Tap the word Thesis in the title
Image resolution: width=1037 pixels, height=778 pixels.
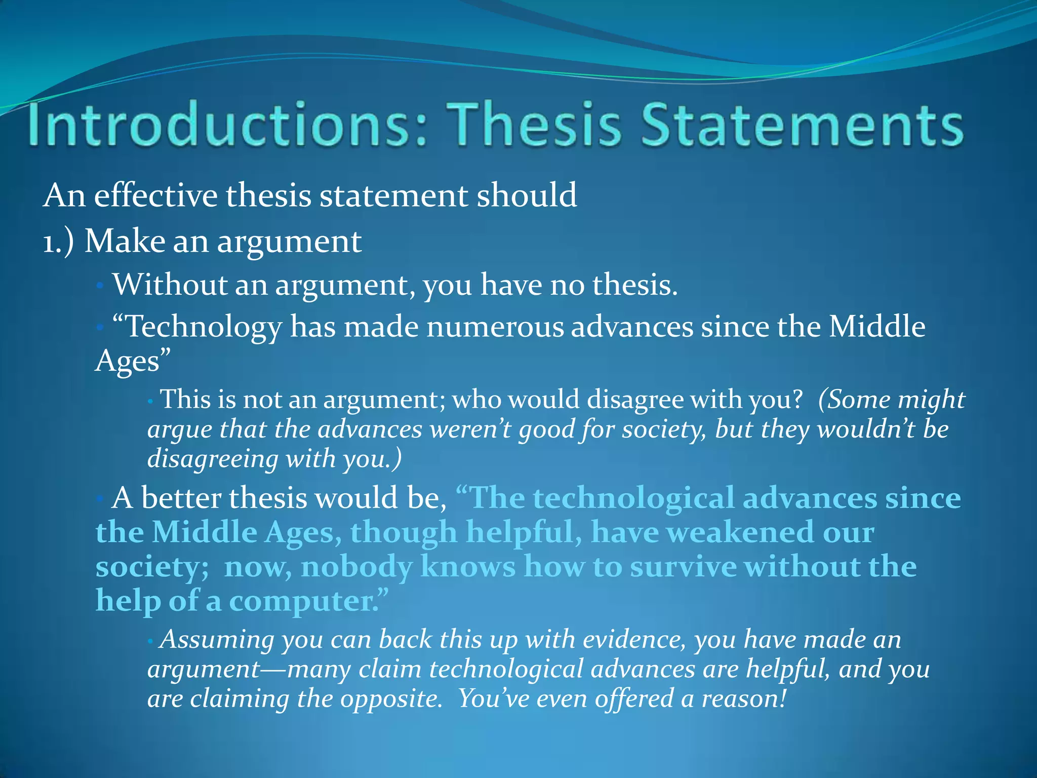coord(536,125)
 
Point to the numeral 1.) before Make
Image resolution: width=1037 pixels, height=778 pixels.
coord(58,242)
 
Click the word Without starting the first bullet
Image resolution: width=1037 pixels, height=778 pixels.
coord(170,285)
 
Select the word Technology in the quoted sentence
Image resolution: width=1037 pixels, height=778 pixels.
coord(203,327)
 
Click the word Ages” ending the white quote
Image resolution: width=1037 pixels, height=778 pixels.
coord(133,361)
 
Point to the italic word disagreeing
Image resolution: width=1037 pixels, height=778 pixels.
coord(213,459)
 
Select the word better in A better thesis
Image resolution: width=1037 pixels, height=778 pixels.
coord(181,498)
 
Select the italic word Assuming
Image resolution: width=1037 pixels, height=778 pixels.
coord(217,639)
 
